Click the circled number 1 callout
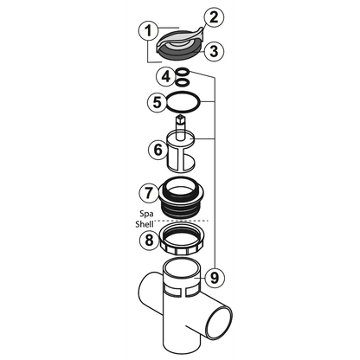point(151,31)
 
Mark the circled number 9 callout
point(215,278)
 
